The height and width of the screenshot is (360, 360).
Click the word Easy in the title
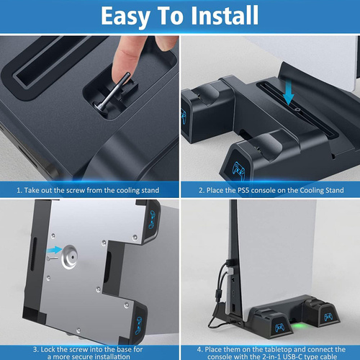coord(126,17)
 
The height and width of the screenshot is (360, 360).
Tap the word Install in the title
coord(224,15)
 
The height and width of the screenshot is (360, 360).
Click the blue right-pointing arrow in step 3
coord(55,250)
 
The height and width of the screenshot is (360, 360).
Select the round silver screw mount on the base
coord(69,256)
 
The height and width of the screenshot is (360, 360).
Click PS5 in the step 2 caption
coord(243,190)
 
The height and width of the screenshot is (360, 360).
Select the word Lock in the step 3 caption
coord(48,349)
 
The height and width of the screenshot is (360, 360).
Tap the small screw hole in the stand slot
coord(298,110)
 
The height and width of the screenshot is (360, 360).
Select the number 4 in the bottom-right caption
coord(199,349)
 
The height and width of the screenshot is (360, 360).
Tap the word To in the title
coord(170,15)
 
